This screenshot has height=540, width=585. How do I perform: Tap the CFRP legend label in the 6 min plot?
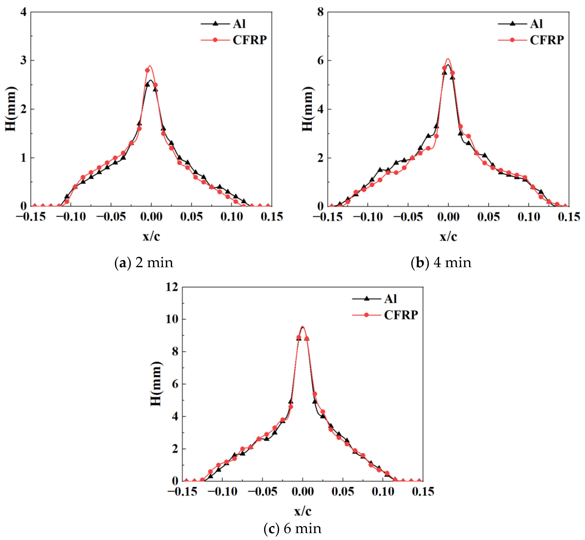(x=401, y=315)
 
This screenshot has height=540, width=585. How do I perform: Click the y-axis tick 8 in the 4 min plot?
(x=320, y=12)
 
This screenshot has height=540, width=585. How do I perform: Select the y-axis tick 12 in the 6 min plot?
(x=172, y=287)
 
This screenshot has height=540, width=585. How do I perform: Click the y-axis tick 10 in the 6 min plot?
(x=172, y=319)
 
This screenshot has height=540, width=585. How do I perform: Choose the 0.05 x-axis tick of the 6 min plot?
(x=343, y=492)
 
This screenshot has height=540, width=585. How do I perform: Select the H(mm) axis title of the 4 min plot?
(x=307, y=109)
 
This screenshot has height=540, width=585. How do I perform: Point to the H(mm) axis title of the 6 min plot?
(x=156, y=384)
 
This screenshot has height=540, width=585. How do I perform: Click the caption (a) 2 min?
(x=144, y=263)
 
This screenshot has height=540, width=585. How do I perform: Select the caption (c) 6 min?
(x=292, y=529)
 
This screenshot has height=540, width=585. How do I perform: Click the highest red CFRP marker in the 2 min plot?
(x=148, y=70)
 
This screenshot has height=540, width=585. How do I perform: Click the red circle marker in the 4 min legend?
(x=512, y=40)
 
